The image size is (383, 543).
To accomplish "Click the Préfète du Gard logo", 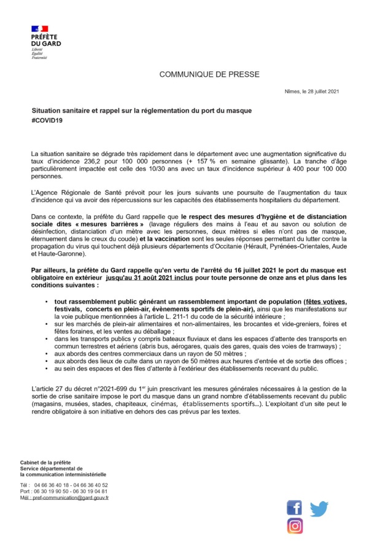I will (45, 41).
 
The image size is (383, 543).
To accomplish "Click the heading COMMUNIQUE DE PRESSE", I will (209, 74).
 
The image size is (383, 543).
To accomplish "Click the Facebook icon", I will (295, 507).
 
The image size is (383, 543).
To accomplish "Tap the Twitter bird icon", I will (319, 508).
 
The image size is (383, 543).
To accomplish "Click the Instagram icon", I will (295, 526).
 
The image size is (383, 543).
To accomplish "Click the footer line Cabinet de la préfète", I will (45, 461).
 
